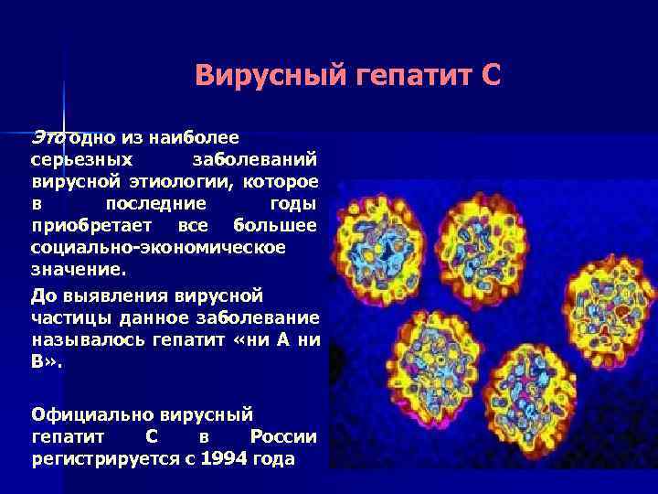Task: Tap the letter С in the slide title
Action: click(x=490, y=75)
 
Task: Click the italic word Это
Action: click(x=48, y=137)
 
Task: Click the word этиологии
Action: click(x=176, y=181)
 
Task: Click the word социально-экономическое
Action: click(x=158, y=247)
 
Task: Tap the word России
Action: click(x=283, y=436)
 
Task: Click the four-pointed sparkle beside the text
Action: click(x=64, y=129)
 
